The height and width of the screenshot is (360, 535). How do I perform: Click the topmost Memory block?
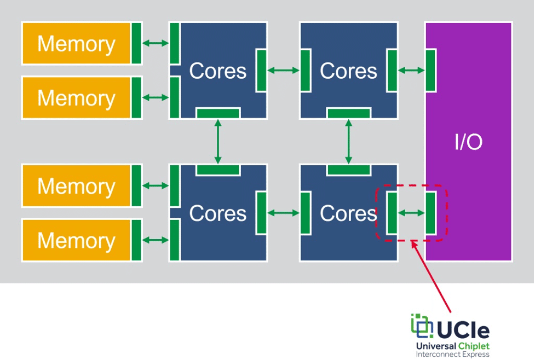coord(76,44)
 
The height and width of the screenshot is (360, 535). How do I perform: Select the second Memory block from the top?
coord(76,98)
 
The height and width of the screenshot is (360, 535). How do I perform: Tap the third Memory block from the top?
coord(76,186)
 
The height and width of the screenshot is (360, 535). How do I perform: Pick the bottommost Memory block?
coord(76,240)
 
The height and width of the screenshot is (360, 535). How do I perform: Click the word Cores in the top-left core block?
coord(217,71)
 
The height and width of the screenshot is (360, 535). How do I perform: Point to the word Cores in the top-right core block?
coord(348,71)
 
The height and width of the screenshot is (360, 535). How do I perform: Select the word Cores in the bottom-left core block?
coord(217,213)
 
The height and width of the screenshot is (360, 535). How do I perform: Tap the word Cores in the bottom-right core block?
coord(348,213)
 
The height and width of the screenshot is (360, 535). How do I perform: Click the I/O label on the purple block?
coord(468,143)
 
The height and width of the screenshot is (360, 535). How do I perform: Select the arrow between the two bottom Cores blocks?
coord(283,213)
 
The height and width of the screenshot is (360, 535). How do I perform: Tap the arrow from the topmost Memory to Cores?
coord(156,43)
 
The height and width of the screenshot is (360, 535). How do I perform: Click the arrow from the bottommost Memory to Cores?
coord(156,240)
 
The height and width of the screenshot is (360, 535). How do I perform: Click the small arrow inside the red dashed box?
coord(411,213)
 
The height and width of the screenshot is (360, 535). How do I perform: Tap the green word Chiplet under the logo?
coord(473,346)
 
